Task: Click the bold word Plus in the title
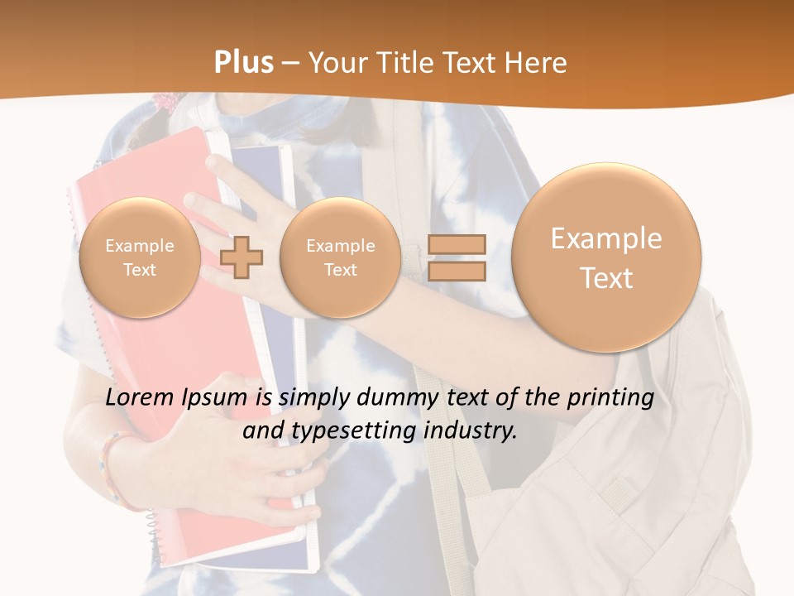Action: tap(243, 63)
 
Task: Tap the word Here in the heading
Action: tap(537, 63)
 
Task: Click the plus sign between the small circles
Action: tap(242, 257)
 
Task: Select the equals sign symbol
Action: tap(457, 257)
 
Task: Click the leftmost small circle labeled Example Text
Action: tap(140, 257)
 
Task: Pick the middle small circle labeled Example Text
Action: tap(340, 257)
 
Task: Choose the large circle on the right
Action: tap(606, 257)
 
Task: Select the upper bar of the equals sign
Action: tap(457, 244)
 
